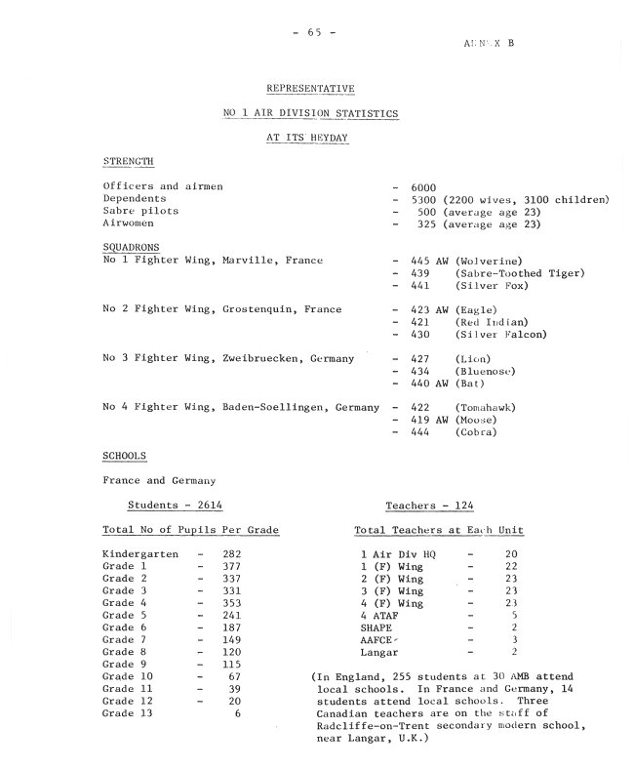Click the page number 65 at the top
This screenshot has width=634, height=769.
pos(314,32)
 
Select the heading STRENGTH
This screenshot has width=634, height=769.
pos(129,162)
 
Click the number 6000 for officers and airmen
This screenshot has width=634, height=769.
pos(423,186)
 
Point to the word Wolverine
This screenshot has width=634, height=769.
pos(492,261)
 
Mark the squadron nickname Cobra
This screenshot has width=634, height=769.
pos(477,432)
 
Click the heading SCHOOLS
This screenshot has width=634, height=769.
pos(125,456)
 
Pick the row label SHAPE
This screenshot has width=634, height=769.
pos(376,627)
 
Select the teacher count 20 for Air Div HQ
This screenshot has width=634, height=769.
pos(510,554)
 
